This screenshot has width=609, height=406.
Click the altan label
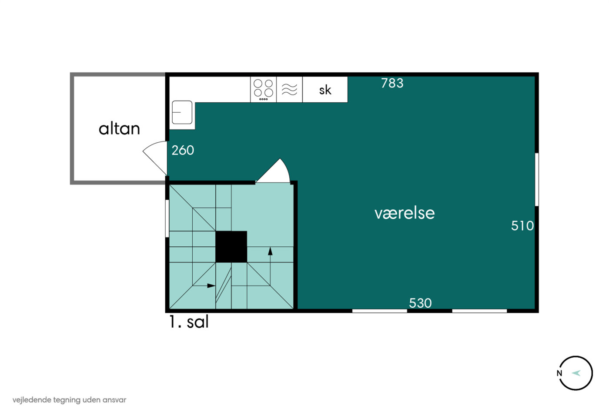(x=119, y=129)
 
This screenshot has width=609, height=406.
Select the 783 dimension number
(x=392, y=83)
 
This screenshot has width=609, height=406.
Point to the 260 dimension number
(x=183, y=150)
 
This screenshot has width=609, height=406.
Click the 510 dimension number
(x=522, y=226)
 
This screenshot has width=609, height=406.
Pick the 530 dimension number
(x=420, y=303)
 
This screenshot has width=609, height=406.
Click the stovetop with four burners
(x=263, y=90)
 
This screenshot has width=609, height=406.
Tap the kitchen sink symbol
(x=182, y=112)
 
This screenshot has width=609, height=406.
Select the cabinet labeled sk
(x=325, y=90)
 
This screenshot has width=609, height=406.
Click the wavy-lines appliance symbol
(x=289, y=90)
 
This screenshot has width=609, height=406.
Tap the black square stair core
(x=231, y=247)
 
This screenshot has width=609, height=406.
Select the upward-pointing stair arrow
(x=270, y=266)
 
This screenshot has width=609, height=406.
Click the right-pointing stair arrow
(x=204, y=285)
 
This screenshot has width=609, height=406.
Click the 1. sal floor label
(x=189, y=322)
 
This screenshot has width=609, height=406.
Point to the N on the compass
(x=559, y=373)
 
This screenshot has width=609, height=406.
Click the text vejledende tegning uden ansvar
(x=69, y=400)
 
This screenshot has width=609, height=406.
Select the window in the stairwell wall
(x=167, y=218)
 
